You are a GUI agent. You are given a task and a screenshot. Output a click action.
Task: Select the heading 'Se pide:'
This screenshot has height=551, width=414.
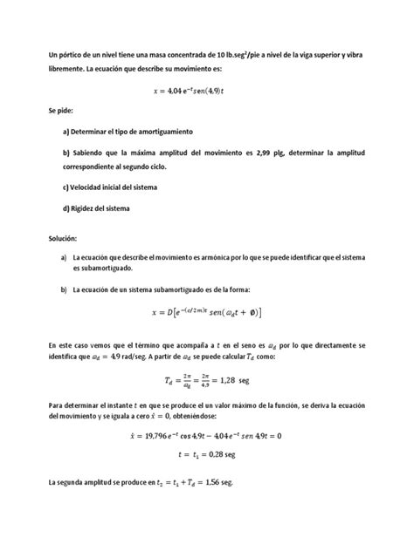[62, 112]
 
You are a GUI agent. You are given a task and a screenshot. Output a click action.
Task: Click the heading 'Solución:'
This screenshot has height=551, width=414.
[65, 238]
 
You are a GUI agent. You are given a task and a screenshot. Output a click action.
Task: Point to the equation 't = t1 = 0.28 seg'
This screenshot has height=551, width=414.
[207, 455]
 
